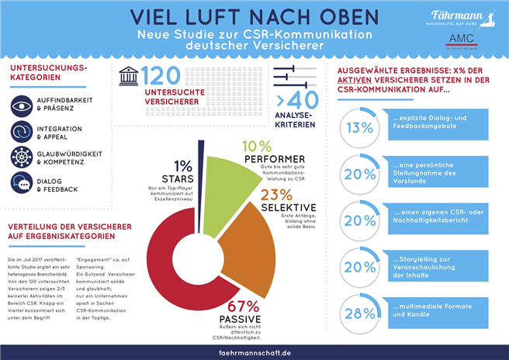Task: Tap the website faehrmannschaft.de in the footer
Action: [x=254, y=351]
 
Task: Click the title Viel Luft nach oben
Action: [x=254, y=17]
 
